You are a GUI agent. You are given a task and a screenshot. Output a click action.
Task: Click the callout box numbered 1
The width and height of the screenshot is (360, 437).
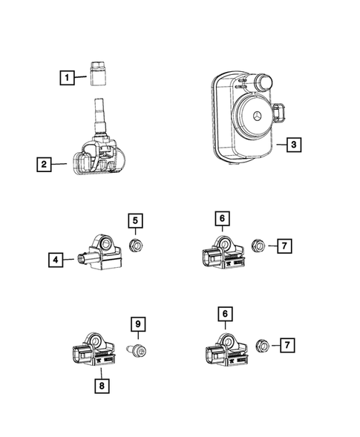pyautogui.click(x=67, y=76)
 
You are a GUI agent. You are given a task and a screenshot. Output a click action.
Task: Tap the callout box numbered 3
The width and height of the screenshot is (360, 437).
pyautogui.click(x=294, y=145)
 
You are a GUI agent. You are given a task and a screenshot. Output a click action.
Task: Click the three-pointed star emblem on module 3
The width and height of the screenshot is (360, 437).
pyautogui.click(x=255, y=118)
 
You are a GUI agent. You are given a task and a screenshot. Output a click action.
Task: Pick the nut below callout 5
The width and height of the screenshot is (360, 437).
pyautogui.click(x=135, y=245)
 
